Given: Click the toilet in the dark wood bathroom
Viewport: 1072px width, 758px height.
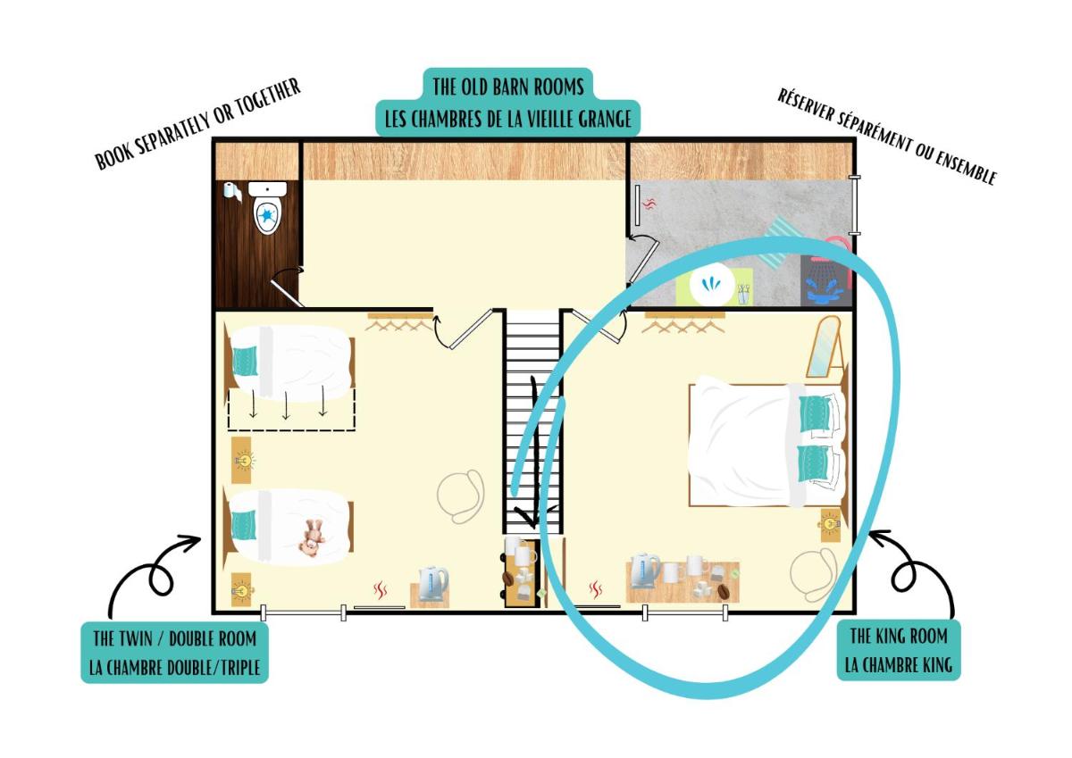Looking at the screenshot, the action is (x=267, y=208).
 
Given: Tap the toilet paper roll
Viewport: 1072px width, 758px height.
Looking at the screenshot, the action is (x=232, y=192).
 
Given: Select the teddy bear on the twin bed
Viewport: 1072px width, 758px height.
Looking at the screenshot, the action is (x=312, y=537).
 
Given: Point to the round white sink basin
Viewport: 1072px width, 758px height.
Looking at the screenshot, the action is (x=712, y=284).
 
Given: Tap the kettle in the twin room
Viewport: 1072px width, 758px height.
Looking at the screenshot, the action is (x=433, y=583).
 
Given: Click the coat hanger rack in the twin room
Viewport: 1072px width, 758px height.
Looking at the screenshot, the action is (x=399, y=321).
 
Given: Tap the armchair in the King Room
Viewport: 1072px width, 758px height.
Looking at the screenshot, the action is (x=813, y=574).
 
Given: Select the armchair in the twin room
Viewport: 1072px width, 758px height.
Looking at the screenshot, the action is (x=460, y=496).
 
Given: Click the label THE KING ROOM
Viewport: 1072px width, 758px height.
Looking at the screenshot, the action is (x=899, y=636).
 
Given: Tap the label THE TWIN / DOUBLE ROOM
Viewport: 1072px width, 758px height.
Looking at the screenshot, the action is (x=175, y=638).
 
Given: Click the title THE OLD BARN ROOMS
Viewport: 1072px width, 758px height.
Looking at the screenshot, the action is (x=508, y=87).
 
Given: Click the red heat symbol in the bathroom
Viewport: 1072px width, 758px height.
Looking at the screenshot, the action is (x=648, y=204).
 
